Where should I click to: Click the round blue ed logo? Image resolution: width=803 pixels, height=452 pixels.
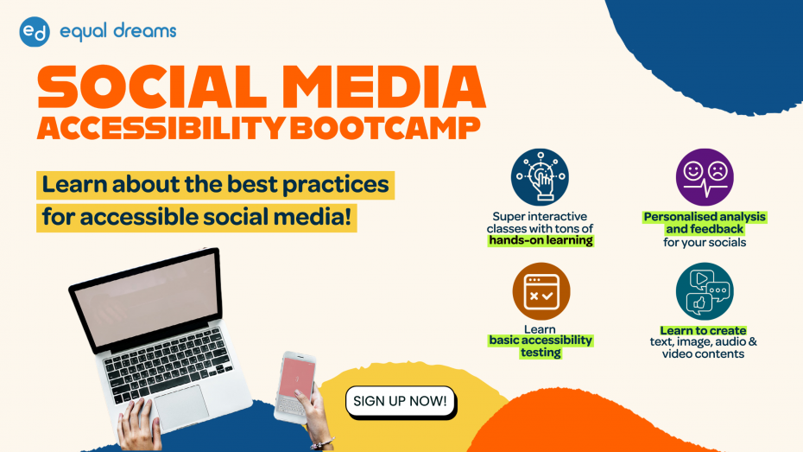point(35,32)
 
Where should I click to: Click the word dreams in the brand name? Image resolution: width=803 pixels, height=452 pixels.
point(145,31)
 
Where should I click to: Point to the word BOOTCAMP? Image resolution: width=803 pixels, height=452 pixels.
point(385,128)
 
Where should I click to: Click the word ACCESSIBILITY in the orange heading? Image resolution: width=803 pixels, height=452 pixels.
point(161,128)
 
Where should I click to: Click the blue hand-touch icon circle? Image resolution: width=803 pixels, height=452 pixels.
point(540,177)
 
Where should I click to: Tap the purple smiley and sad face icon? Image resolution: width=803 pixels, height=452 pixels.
point(705,177)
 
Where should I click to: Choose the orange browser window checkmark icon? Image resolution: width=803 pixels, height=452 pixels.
point(541,291)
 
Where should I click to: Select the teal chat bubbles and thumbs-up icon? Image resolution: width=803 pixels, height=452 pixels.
point(705,291)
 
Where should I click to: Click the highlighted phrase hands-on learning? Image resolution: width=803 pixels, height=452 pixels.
point(541,240)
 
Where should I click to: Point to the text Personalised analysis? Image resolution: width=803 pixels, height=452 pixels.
point(705,217)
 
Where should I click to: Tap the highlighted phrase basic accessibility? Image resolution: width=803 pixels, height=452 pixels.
point(541,341)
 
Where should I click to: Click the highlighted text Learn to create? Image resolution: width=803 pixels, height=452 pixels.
point(703,330)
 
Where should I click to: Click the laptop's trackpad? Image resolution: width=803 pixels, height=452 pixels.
point(181,407)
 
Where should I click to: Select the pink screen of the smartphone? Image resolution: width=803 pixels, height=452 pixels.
point(296,379)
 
